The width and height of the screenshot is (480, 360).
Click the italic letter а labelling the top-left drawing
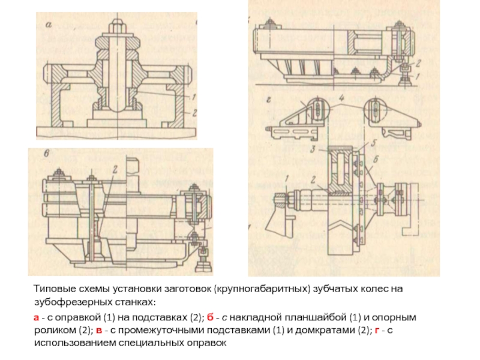pyautogui.click(x=49, y=25)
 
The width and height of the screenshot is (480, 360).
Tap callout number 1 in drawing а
pyautogui.click(x=193, y=97)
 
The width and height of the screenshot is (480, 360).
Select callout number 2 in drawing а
pyautogui.click(x=193, y=113)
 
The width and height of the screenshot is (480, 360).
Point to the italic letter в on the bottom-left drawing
pyautogui.click(x=46, y=154)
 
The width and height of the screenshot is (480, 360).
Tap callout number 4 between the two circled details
pyautogui.click(x=342, y=98)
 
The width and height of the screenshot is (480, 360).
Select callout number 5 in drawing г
pyautogui.click(x=373, y=143)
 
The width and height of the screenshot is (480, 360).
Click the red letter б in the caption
pyautogui.click(x=209, y=317)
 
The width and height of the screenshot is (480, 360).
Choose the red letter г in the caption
pyautogui.click(x=377, y=331)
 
